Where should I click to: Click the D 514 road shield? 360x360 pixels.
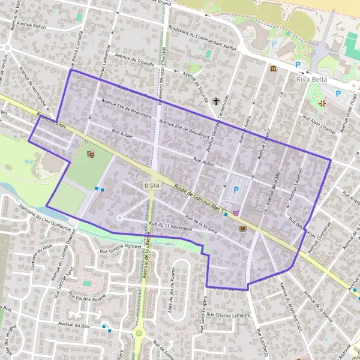[152, 186]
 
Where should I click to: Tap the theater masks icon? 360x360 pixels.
[91, 154]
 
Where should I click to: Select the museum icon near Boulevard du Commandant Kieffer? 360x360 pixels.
[273, 69]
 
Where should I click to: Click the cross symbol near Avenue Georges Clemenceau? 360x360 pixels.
[215, 103]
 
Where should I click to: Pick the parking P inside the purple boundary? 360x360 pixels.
[236, 190]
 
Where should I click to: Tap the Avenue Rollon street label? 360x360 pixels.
[32, 26]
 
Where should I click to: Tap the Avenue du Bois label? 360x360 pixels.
[73, 323]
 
